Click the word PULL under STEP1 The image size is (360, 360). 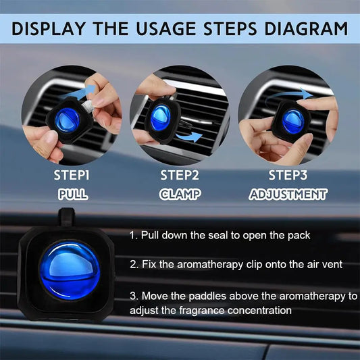(72, 194)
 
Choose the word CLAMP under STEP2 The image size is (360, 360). (180, 194)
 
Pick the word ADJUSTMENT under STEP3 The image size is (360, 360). (288, 194)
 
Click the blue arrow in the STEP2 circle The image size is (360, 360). (192, 137)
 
